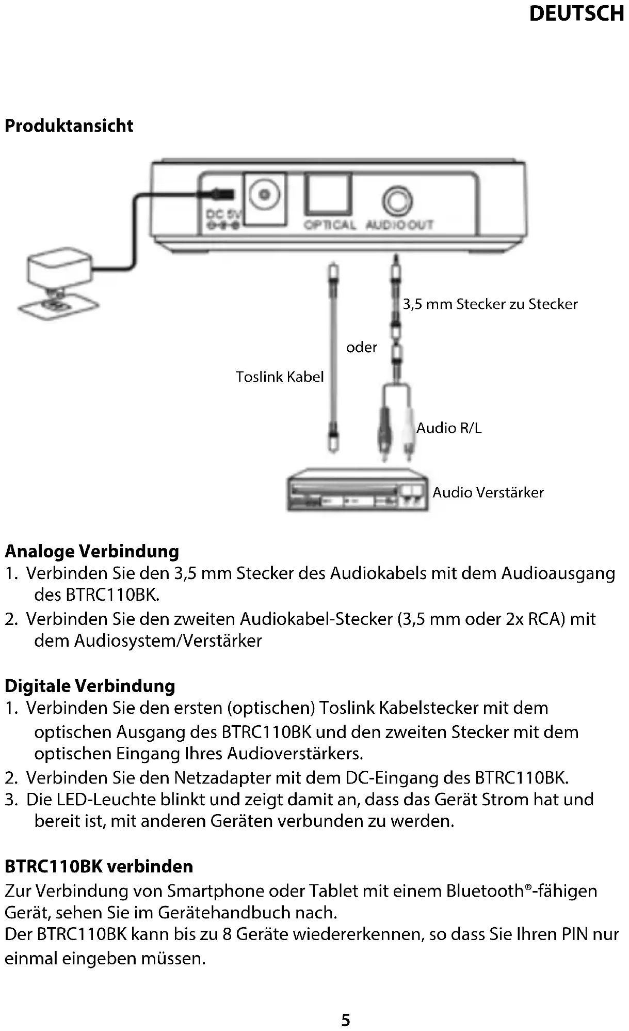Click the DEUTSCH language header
point(576,14)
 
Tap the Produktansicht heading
point(69,126)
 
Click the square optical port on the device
point(328,194)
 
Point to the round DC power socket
point(265,195)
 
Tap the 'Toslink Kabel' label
point(280,377)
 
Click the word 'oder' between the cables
point(361,347)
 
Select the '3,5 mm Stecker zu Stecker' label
point(490,304)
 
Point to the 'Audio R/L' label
point(449,428)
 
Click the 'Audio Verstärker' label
point(488,492)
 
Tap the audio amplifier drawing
point(358,490)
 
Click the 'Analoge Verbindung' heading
point(92,551)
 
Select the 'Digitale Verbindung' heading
point(90,685)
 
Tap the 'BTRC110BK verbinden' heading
point(99,866)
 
